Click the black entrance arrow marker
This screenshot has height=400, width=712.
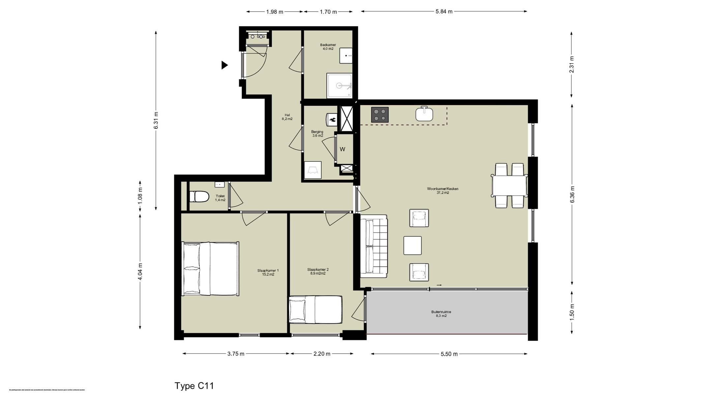[x=224, y=65]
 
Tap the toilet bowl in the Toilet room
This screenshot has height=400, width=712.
[x=199, y=197]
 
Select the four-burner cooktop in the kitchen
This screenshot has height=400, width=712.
[x=380, y=115]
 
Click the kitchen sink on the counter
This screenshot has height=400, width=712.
[x=424, y=114]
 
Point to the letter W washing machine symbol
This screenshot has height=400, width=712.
[x=342, y=149]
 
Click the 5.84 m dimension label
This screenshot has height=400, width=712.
[x=444, y=12]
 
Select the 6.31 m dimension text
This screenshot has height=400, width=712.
[x=156, y=120]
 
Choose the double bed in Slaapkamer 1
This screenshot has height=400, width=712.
[x=210, y=269]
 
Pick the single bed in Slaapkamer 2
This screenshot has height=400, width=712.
[x=315, y=309]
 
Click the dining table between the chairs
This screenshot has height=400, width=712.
[x=509, y=186]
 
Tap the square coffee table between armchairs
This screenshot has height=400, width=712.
[x=412, y=246]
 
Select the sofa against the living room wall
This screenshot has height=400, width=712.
[x=374, y=246]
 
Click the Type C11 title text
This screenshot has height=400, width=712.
[x=194, y=386]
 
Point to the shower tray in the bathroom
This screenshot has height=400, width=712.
[x=339, y=86]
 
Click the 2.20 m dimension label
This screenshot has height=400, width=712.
[x=322, y=354]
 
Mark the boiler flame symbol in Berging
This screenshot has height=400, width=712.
[x=332, y=120]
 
